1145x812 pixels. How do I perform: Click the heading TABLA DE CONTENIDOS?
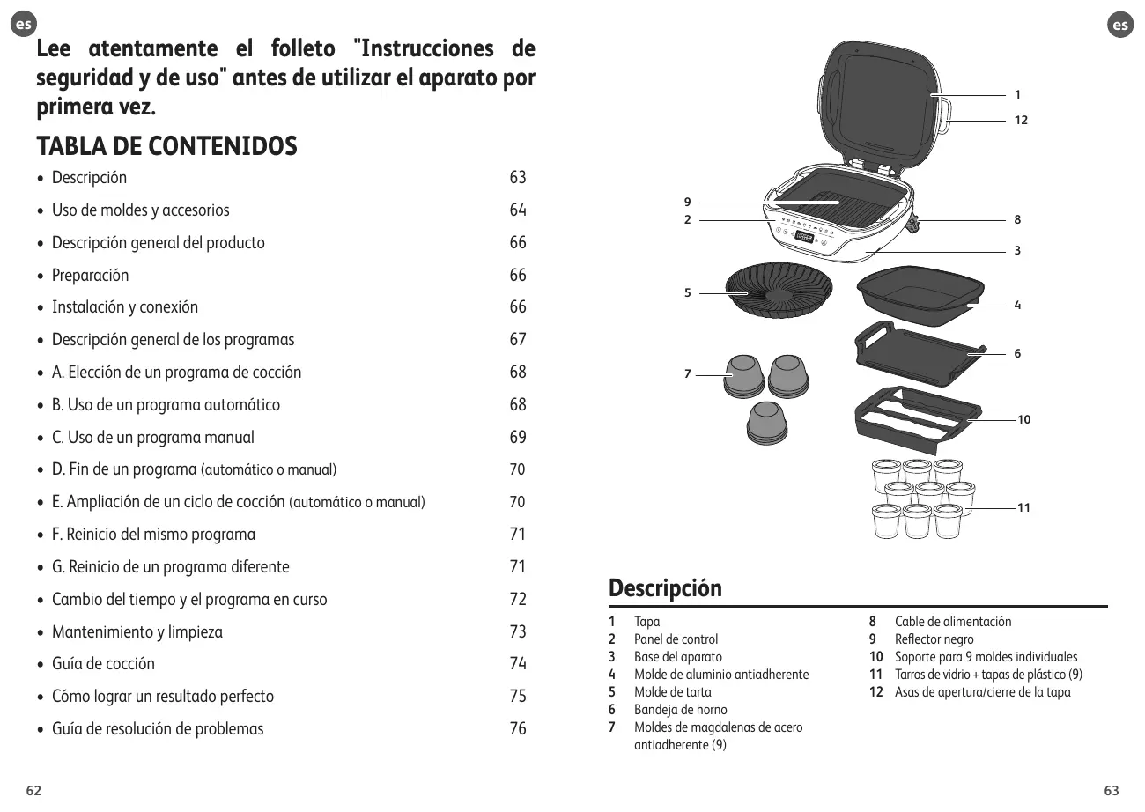(166, 146)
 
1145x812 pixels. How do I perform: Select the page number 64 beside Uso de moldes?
(518, 210)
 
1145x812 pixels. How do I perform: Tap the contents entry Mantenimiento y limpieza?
(137, 632)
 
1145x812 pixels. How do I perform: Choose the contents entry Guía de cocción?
(103, 664)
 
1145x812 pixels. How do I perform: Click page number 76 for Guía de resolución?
(518, 729)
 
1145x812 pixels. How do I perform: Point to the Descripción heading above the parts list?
(665, 588)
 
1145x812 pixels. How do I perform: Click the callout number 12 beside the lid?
(1020, 120)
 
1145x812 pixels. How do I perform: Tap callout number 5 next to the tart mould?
(688, 293)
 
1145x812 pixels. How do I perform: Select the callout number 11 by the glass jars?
(1023, 508)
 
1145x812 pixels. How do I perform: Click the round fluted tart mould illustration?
(779, 290)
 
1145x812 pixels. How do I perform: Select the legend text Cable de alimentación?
(953, 622)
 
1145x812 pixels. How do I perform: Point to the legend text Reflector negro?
(934, 639)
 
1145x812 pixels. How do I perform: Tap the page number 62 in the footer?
(33, 790)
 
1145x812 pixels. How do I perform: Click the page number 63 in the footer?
(1112, 790)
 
